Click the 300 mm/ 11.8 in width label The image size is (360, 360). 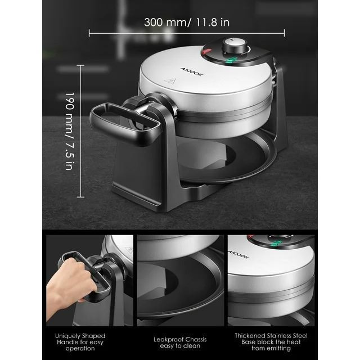[x=187, y=22]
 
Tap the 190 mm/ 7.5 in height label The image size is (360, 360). [x=70, y=131]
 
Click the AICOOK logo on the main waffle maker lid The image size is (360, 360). [x=191, y=71]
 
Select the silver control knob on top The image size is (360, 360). [x=235, y=45]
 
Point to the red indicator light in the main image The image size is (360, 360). [x=207, y=51]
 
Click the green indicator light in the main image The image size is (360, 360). [x=231, y=60]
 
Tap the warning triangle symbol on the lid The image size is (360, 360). [x=170, y=80]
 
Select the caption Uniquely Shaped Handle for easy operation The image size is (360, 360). [x=80, y=342]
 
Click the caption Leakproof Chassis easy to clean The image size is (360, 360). [x=180, y=343]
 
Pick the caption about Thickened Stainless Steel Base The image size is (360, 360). [x=271, y=342]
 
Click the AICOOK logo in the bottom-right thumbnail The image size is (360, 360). [x=238, y=254]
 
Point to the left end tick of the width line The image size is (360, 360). [x=89, y=33]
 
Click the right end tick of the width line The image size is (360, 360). [x=284, y=33]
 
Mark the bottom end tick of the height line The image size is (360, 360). [x=80, y=197]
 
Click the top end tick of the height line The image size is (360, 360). [x=80, y=65]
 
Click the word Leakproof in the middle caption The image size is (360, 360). [x=169, y=339]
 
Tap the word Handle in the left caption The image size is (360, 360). [x=67, y=342]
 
